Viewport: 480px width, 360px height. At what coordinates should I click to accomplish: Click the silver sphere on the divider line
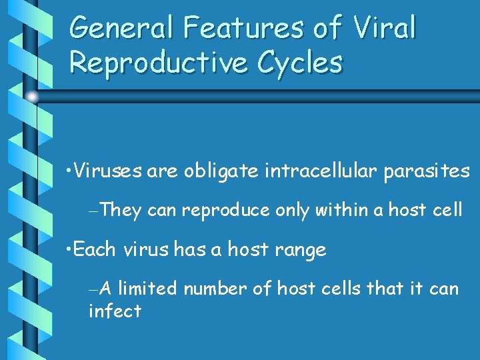coord(32,97)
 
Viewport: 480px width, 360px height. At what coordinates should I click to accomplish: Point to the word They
coord(122,211)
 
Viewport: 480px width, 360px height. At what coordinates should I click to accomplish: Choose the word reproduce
coord(225,211)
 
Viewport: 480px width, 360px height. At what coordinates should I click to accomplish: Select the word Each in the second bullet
coord(93,250)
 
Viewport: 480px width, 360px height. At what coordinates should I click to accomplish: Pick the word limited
coord(147,289)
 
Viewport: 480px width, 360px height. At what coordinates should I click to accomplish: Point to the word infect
coord(115,311)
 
